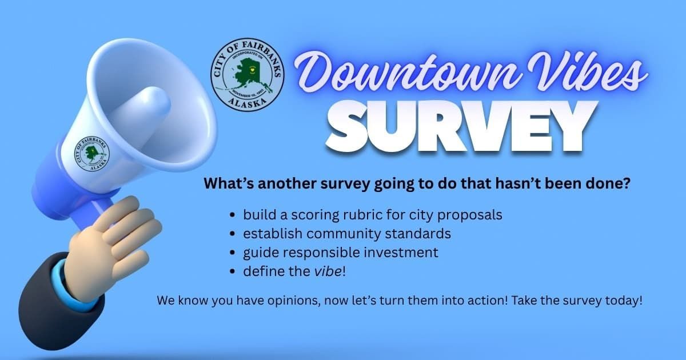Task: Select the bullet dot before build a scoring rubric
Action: point(232,216)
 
